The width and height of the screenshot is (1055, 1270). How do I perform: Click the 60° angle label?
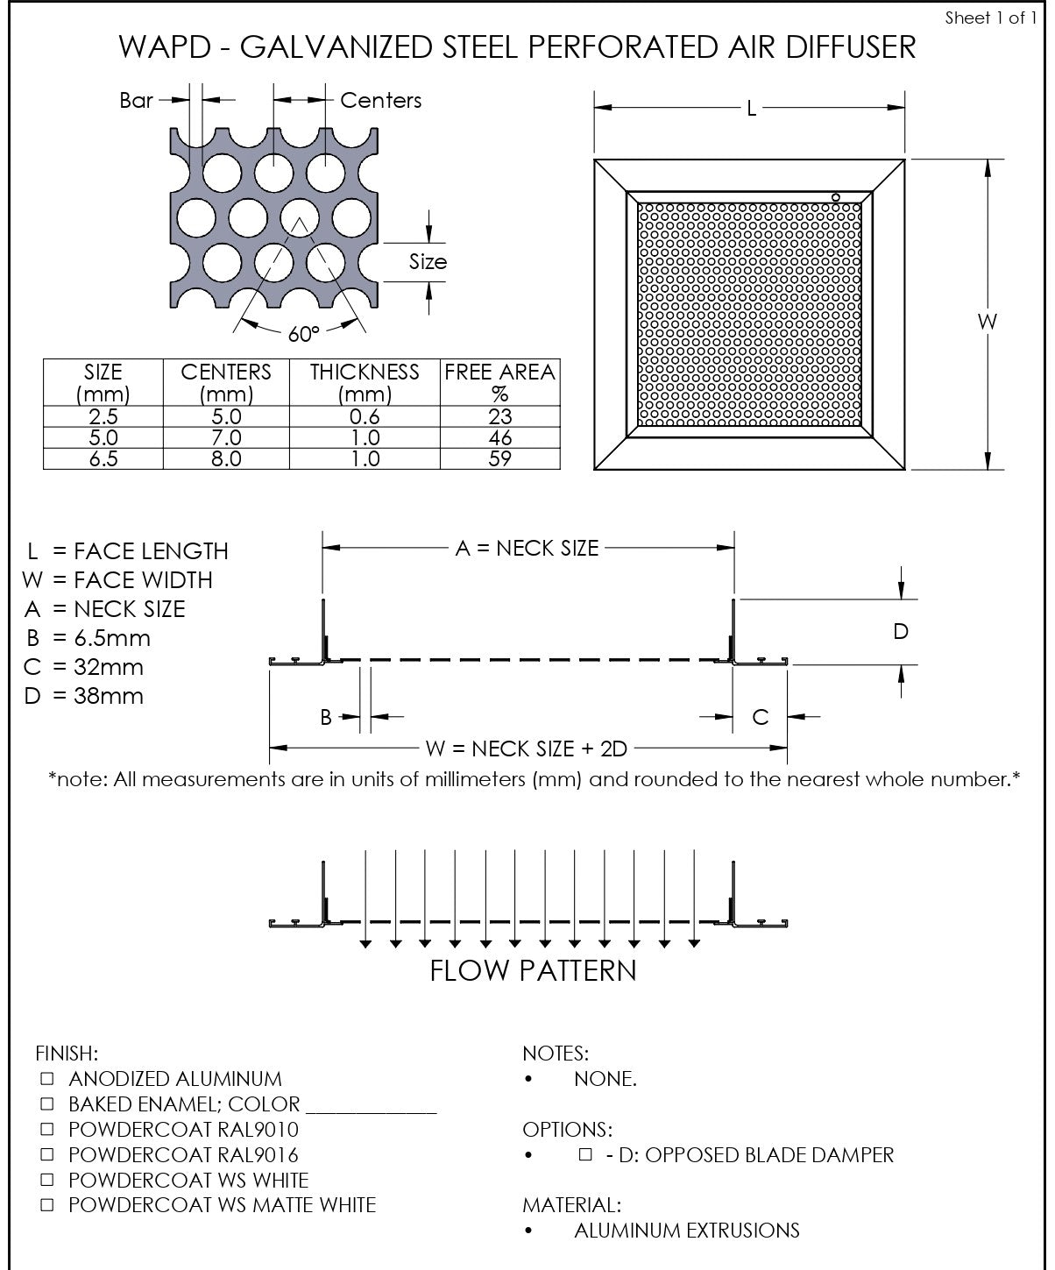pyautogui.click(x=303, y=334)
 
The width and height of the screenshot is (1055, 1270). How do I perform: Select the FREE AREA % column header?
pyautogui.click(x=499, y=382)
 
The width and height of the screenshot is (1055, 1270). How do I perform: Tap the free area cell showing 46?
pyautogui.click(x=499, y=437)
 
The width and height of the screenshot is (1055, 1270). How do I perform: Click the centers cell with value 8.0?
pyautogui.click(x=225, y=458)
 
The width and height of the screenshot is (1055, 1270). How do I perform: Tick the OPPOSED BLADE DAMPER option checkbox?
pyautogui.click(x=585, y=1154)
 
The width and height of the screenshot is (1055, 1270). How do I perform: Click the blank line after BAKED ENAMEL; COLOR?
pyautogui.click(x=371, y=1106)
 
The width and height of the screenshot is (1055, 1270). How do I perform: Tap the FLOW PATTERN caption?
pyautogui.click(x=533, y=971)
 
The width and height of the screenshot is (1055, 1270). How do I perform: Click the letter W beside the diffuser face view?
pyautogui.click(x=988, y=322)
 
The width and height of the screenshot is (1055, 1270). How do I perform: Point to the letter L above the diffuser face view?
pyautogui.click(x=752, y=109)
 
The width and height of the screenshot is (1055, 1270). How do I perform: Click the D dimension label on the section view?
pyautogui.click(x=901, y=631)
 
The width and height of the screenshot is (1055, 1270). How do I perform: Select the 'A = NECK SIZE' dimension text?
pyautogui.click(x=527, y=549)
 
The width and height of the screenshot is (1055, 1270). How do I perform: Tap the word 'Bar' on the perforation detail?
pyautogui.click(x=137, y=101)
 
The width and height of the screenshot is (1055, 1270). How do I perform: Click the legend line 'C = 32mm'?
pyautogui.click(x=85, y=667)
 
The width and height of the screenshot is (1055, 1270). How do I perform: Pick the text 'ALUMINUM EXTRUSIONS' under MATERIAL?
pyautogui.click(x=686, y=1231)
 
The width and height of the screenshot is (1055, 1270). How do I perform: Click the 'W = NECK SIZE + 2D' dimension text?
pyautogui.click(x=527, y=749)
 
